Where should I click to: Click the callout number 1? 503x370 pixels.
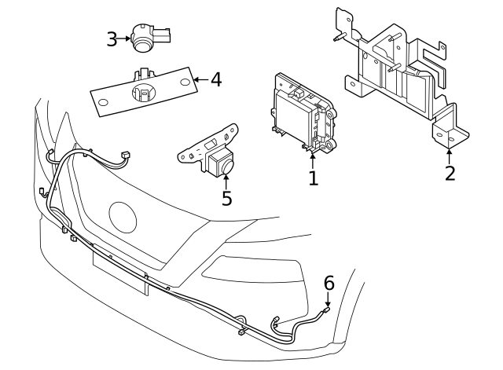(313, 178)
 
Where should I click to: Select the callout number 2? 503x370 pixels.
(450, 172)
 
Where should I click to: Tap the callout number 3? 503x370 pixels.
(112, 38)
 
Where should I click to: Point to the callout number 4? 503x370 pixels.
(215, 79)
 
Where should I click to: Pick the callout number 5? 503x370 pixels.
(226, 197)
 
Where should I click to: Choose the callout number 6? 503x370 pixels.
(329, 282)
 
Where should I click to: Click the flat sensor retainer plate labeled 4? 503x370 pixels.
(141, 93)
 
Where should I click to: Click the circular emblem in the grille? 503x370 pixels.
(124, 217)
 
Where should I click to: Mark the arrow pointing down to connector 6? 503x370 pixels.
(329, 299)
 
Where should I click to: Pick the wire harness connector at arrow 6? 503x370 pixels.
(325, 313)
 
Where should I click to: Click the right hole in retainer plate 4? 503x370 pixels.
(185, 82)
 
